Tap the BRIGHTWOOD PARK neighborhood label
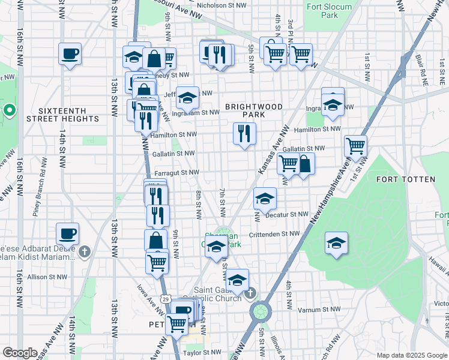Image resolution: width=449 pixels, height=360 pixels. (253, 110)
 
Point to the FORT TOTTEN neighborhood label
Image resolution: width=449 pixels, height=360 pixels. (401, 179)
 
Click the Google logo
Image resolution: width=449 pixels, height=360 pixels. (20, 353)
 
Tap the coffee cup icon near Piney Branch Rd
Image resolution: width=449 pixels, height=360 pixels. (68, 233)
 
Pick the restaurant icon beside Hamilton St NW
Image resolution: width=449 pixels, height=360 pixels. (244, 133)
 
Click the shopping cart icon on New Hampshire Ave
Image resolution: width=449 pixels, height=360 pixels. (355, 145)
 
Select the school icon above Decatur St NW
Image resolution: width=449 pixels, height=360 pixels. (265, 197)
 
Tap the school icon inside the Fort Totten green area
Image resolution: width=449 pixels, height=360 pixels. (336, 242)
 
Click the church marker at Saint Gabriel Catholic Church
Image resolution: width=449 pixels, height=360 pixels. (251, 293)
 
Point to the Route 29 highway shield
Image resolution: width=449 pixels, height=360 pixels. (165, 298)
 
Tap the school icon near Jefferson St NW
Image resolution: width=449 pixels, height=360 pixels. (187, 96)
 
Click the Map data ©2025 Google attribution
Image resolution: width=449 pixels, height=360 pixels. (411, 355)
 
